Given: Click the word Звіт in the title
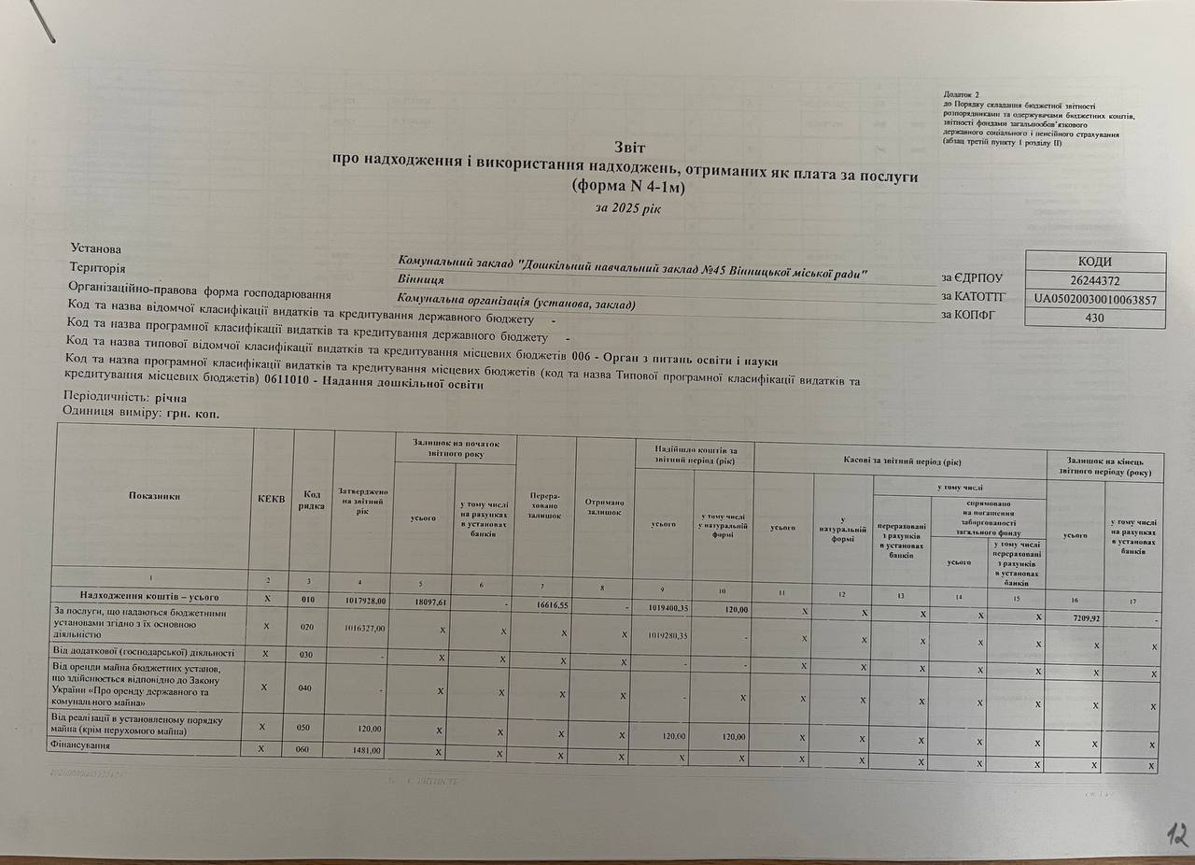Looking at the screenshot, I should click(x=629, y=148).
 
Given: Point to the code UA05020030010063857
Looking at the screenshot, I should click(x=1095, y=300).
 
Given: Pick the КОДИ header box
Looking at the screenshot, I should click(x=1095, y=262).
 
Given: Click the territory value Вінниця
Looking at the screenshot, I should click(x=420, y=279).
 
